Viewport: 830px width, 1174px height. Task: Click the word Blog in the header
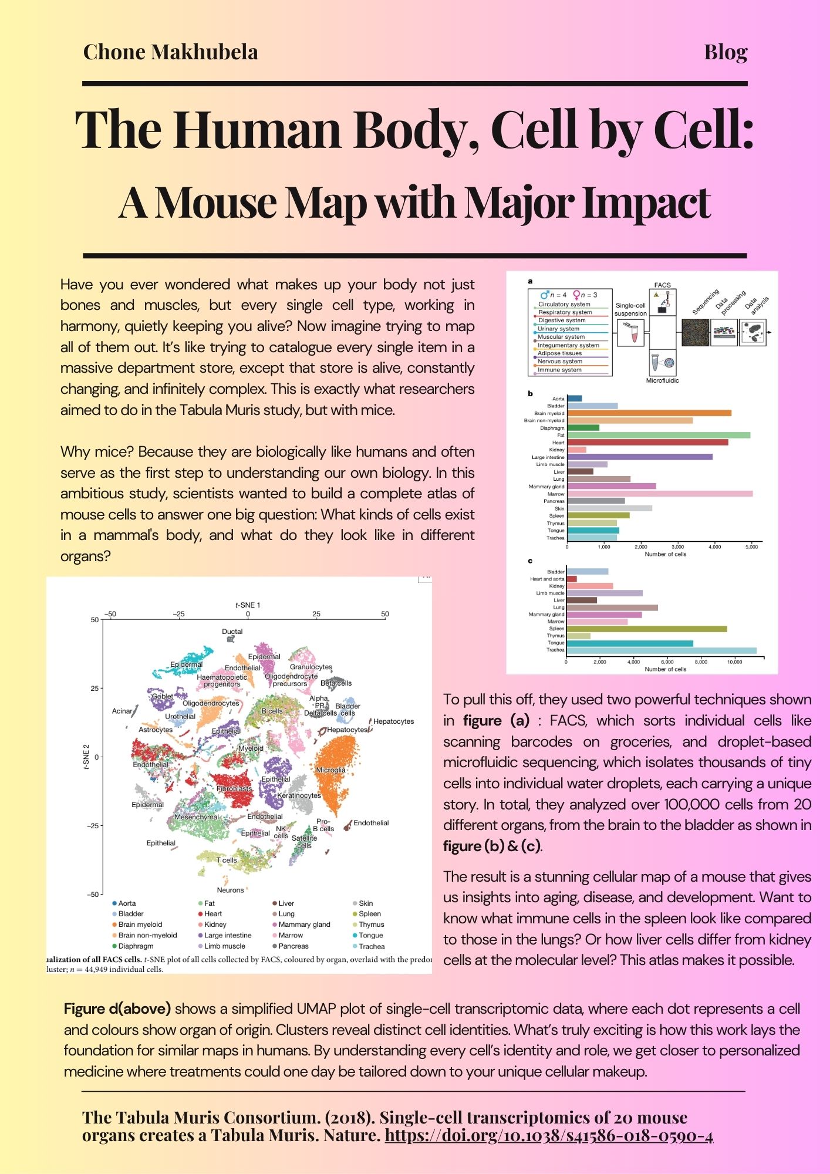click(x=726, y=52)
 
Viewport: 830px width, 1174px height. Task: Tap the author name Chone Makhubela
click(x=170, y=52)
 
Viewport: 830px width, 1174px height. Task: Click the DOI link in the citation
click(x=548, y=1135)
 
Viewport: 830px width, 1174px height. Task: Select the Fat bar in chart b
click(x=658, y=435)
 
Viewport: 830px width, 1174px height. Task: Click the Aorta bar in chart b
click(x=574, y=399)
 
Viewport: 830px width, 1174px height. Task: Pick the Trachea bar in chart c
click(x=661, y=650)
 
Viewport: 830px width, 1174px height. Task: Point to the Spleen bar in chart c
click(x=646, y=629)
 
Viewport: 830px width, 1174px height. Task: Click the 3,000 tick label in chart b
click(x=677, y=546)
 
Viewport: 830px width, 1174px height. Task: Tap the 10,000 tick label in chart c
click(x=734, y=662)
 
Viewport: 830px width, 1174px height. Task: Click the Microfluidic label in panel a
click(x=662, y=380)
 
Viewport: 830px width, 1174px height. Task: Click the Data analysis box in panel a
click(x=753, y=333)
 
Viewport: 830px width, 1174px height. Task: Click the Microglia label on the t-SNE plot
click(x=330, y=770)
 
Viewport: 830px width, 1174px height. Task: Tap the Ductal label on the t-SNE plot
click(x=232, y=632)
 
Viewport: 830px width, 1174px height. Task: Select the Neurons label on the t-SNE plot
click(x=230, y=890)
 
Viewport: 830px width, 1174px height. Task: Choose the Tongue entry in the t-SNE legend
click(x=370, y=935)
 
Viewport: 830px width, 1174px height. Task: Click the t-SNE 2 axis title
click(x=86, y=757)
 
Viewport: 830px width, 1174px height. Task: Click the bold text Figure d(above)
click(x=117, y=1008)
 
